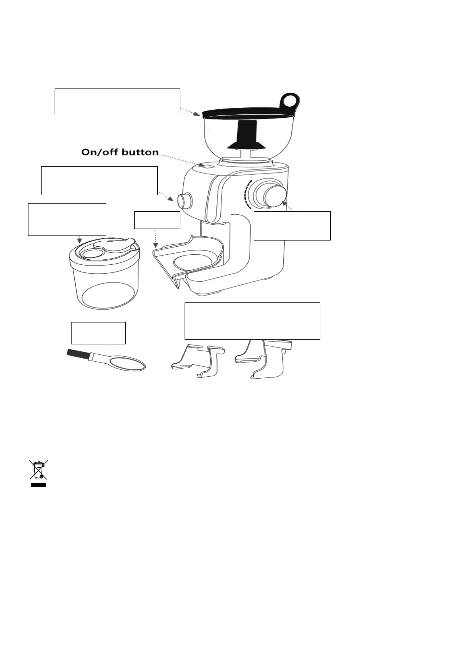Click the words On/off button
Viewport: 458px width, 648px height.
point(120,152)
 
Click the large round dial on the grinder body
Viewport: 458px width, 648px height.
point(274,195)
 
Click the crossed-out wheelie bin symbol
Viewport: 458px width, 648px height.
point(38,470)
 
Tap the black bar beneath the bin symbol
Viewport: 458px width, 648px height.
point(38,485)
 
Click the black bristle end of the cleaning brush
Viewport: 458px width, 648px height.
point(78,354)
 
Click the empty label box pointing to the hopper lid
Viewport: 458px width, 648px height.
point(117,101)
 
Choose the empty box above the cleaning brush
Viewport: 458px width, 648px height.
point(98,333)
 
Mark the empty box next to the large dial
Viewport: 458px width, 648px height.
point(292,226)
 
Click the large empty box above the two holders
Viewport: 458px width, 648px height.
point(252,321)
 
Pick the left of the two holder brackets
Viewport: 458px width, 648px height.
point(198,361)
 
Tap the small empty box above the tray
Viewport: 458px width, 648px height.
point(157,220)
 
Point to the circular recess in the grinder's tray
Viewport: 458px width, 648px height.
point(195,261)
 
